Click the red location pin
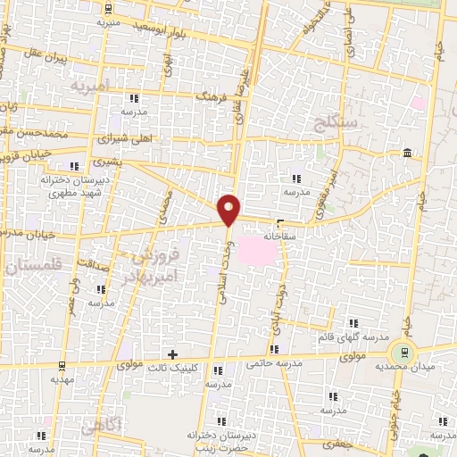229,209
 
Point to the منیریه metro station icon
109,10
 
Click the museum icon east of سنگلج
407,154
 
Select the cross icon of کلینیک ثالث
172,354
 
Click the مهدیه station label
60,378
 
